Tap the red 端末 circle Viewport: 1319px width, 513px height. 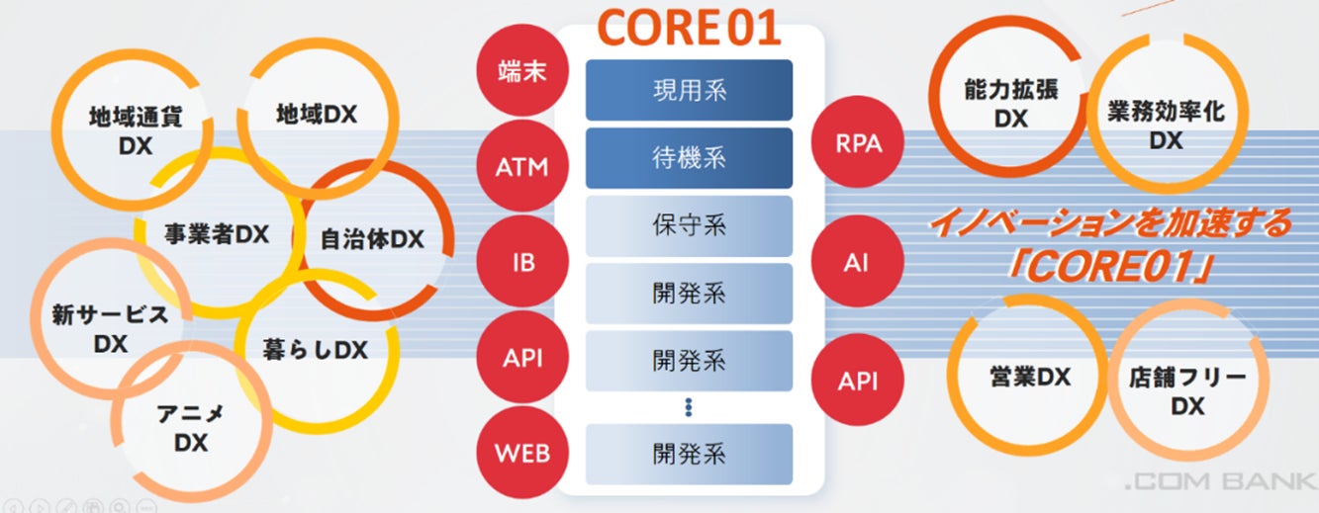tap(521, 70)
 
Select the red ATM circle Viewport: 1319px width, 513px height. tap(521, 167)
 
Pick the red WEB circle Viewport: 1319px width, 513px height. tap(521, 455)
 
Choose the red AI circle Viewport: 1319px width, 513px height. tap(858, 264)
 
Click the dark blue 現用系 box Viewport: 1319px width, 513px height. tap(690, 90)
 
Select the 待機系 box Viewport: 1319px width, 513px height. tap(690, 157)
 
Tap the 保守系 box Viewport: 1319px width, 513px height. tap(690, 224)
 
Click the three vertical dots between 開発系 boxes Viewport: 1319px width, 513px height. tap(690, 406)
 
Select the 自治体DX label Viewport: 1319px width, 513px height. tap(372, 239)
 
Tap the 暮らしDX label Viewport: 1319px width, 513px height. tap(316, 350)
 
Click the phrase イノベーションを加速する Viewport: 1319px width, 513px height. tap(1109, 223)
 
